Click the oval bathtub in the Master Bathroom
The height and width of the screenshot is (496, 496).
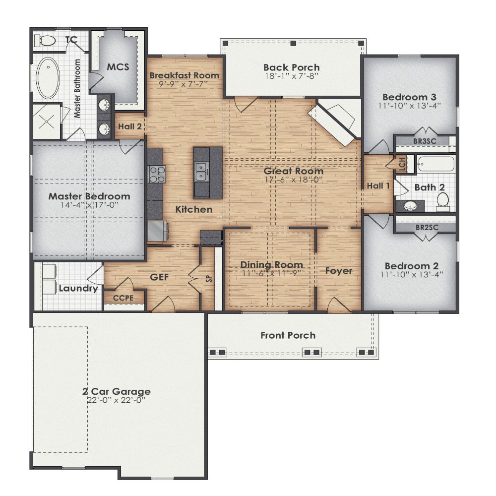48,78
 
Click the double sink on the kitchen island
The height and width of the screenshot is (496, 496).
202,171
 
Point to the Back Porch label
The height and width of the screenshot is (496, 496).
291,67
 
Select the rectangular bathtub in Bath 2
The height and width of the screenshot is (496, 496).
435,164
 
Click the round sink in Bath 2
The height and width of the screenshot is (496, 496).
410,205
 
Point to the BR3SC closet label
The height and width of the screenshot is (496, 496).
425,141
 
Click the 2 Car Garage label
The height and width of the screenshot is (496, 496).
116,391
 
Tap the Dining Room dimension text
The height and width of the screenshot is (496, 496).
271,273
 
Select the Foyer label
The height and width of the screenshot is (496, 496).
339,271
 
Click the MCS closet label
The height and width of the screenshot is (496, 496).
118,66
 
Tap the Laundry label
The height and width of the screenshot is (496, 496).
78,288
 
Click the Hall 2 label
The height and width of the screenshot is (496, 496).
130,126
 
